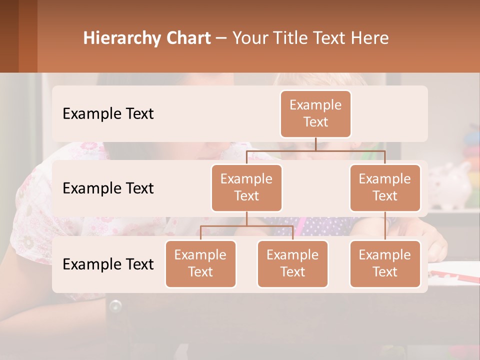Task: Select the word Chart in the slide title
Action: (185, 38)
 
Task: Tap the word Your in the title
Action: (250, 38)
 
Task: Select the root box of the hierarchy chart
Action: (315, 113)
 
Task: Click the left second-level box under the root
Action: (246, 187)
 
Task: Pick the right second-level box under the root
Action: (385, 187)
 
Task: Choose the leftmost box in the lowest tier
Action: (200, 263)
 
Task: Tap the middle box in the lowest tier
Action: (292, 263)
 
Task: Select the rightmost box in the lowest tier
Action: (385, 263)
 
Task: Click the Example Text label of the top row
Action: (108, 114)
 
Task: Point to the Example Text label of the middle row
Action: (108, 188)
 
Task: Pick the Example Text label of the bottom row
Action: (108, 264)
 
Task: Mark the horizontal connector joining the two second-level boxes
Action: (315, 150)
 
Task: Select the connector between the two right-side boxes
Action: (385, 226)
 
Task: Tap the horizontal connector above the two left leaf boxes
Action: (246, 226)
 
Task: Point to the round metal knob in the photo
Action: (115, 305)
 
